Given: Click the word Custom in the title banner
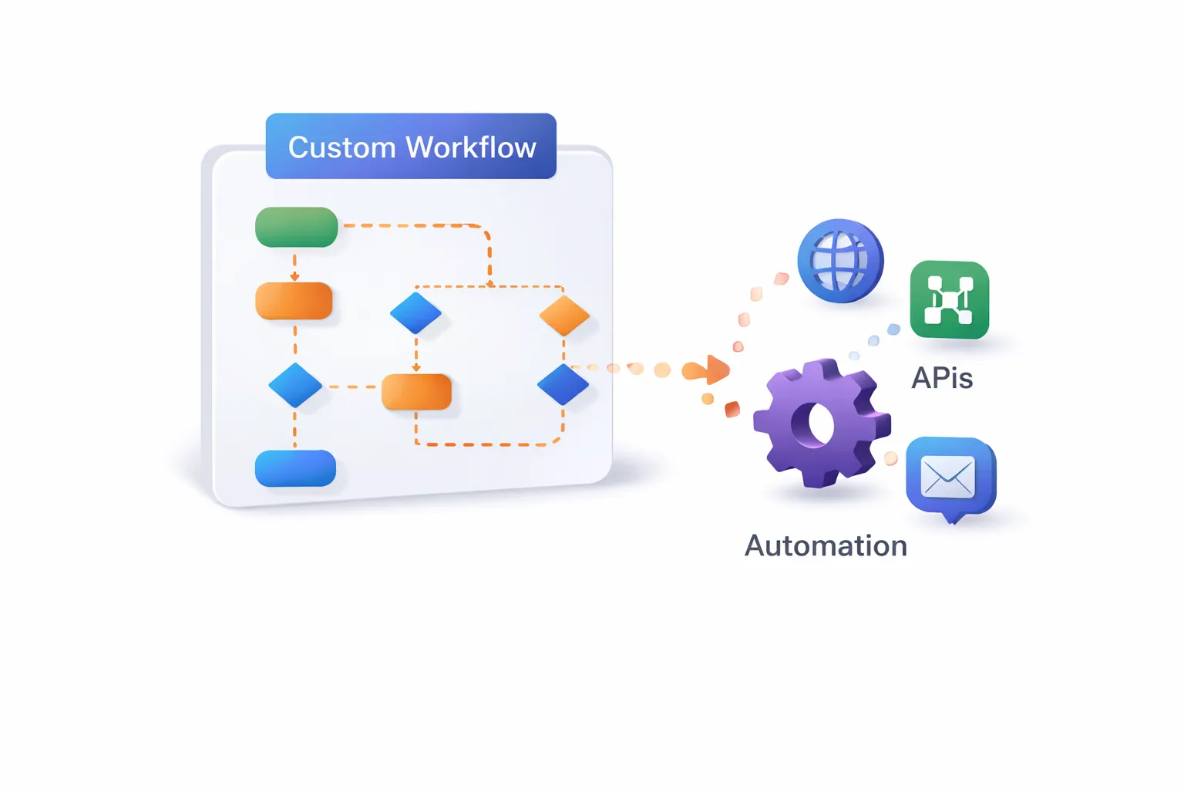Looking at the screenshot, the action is (341, 147).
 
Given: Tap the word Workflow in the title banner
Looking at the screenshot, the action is (472, 147).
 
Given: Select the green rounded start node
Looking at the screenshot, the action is (297, 227).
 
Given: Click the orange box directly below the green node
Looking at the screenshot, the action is (294, 301).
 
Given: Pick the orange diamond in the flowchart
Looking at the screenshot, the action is (564, 316).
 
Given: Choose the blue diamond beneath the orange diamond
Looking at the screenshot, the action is (563, 385).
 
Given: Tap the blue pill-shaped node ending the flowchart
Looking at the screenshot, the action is (295, 468).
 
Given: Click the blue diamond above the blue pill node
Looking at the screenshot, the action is (295, 385).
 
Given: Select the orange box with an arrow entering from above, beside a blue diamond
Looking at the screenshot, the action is (416, 392).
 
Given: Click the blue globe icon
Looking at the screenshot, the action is (840, 261).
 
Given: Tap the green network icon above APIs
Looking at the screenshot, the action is (950, 299).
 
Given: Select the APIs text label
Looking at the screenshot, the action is (942, 378).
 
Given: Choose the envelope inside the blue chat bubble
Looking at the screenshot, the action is (947, 476).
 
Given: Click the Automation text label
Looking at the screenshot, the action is (826, 545).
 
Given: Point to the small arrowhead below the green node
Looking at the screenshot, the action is (295, 276).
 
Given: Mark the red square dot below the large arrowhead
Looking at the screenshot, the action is (732, 410).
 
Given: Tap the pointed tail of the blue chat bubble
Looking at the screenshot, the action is (953, 520).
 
